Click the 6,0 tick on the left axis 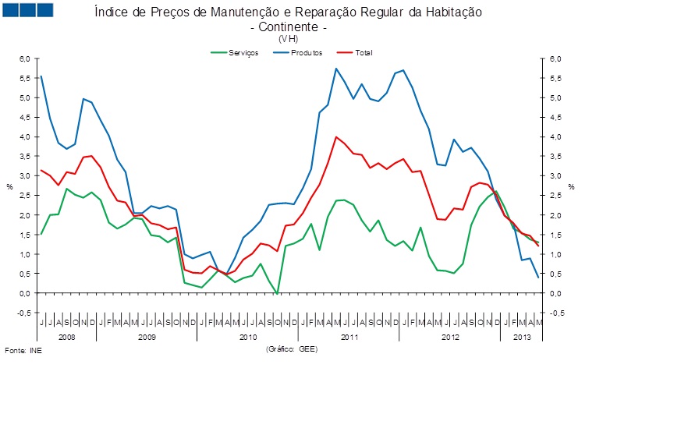pos(24,58)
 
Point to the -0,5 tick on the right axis pos(556,313)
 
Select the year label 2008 pos(67,337)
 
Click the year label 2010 pos(248,337)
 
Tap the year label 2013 pos(521,337)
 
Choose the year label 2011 pos(349,337)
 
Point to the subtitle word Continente pos(286,27)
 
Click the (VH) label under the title pos(287,38)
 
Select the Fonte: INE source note pos(23,350)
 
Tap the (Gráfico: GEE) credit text pos(292,348)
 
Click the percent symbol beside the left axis pos(9,186)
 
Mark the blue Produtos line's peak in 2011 pos(336,69)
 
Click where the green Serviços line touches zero pos(278,292)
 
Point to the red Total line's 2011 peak pos(336,137)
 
